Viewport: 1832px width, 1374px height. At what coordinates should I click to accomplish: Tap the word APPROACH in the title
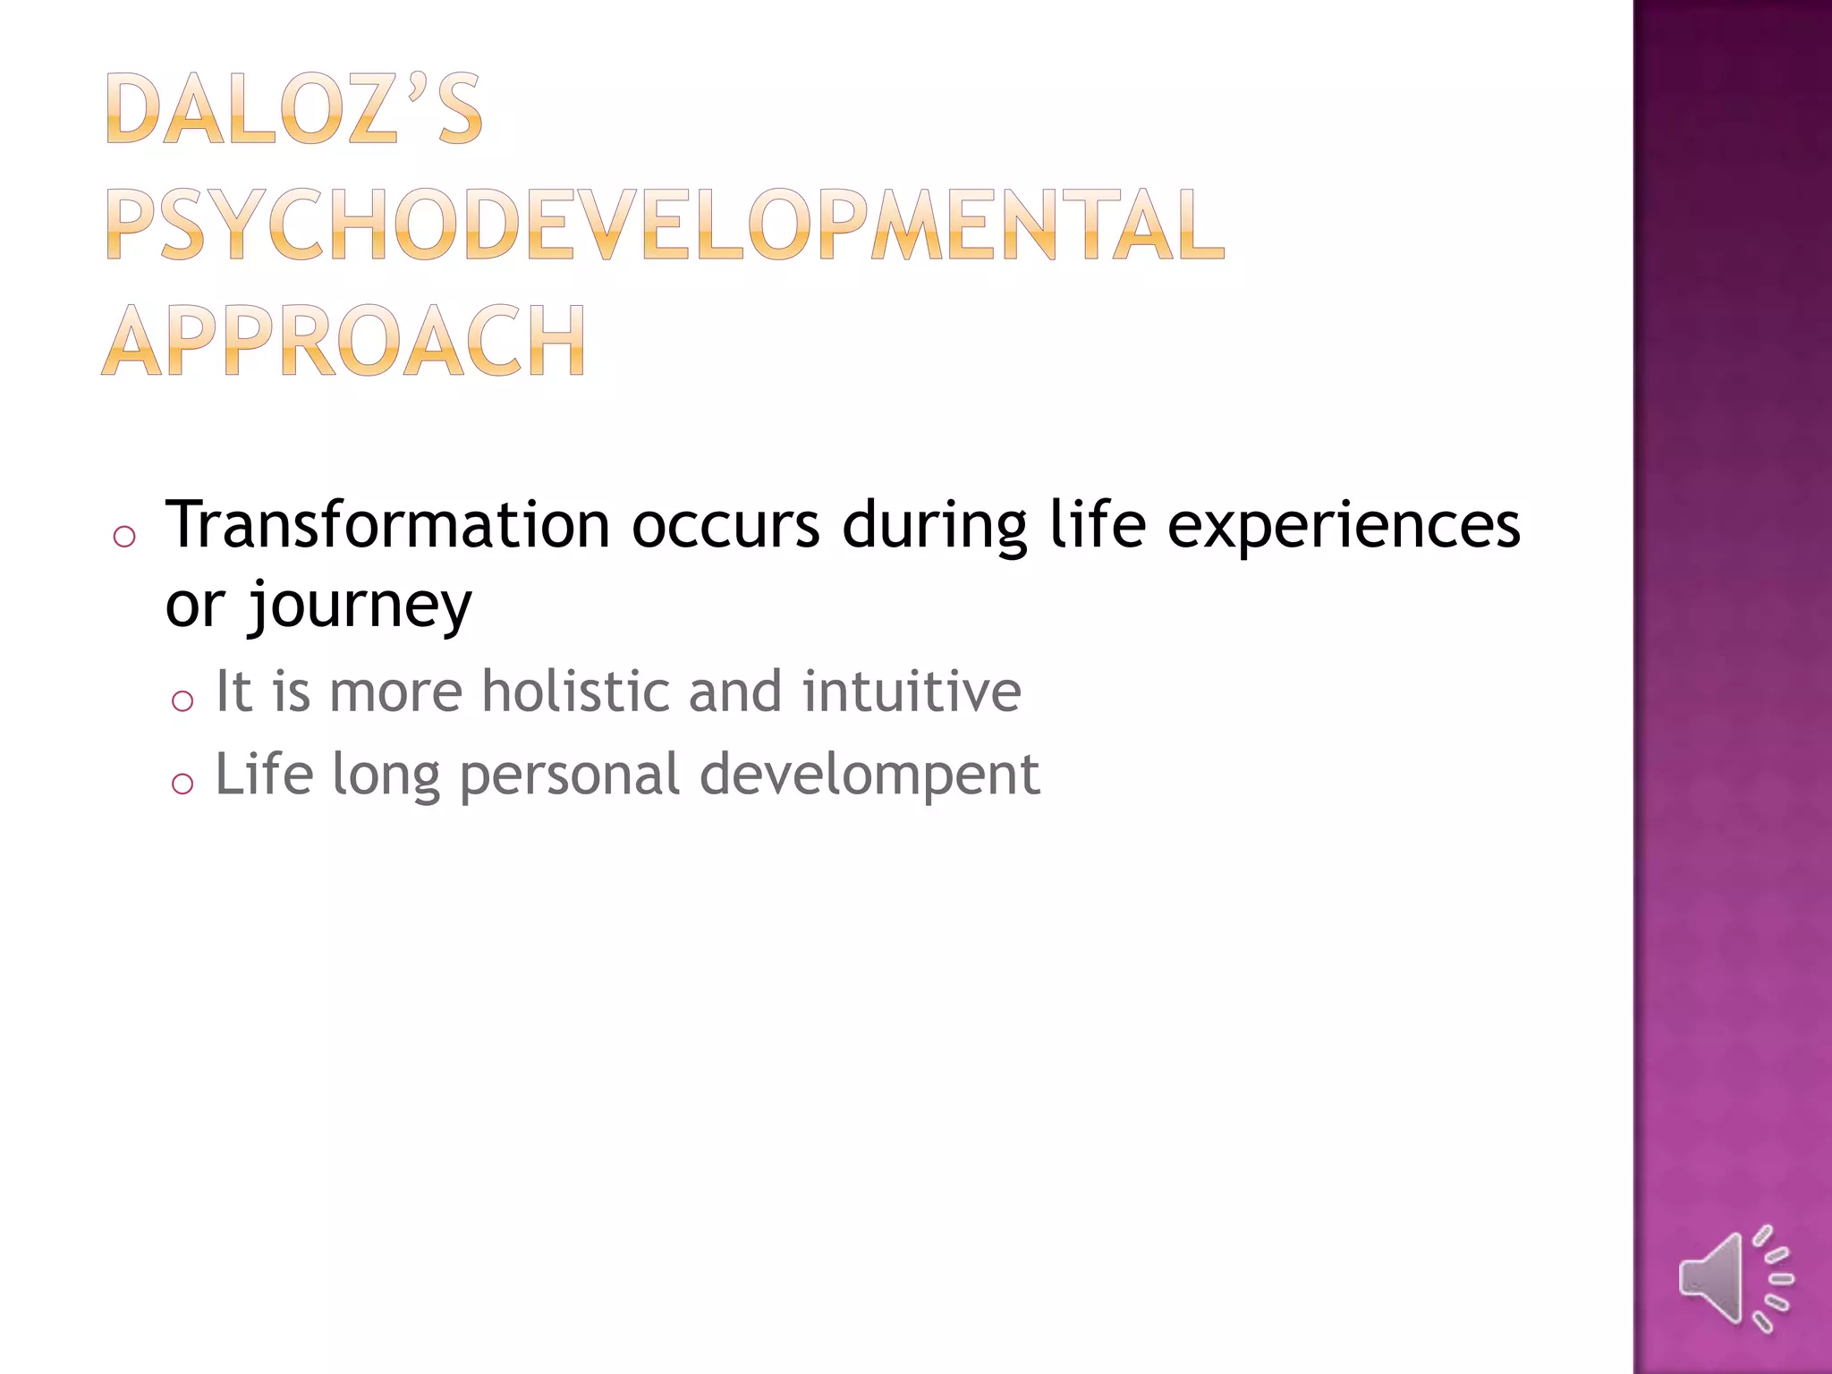pyautogui.click(x=343, y=341)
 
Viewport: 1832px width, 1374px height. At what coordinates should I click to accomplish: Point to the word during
pyautogui.click(x=934, y=526)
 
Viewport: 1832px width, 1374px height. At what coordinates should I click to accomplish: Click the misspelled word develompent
pyautogui.click(x=869, y=774)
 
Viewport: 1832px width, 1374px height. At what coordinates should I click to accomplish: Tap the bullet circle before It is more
pyautogui.click(x=182, y=700)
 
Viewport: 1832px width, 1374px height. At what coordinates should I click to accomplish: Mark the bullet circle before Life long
pyautogui.click(x=182, y=784)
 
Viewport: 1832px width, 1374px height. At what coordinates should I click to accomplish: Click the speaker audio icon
pyautogui.click(x=1734, y=1278)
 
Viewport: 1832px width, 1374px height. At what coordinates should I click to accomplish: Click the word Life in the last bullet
pyautogui.click(x=265, y=774)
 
